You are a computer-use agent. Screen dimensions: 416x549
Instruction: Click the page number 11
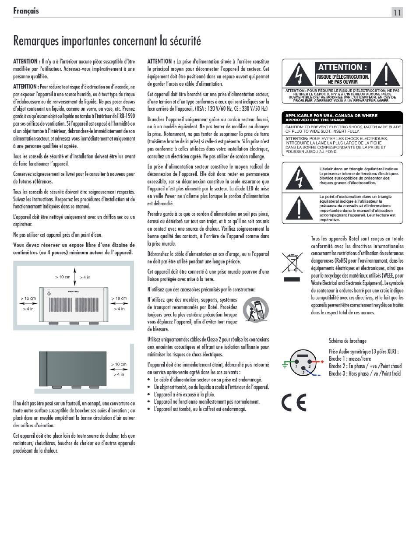click(397, 13)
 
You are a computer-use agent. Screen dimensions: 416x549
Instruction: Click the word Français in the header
click(26, 11)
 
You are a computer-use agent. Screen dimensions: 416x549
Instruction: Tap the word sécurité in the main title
click(185, 41)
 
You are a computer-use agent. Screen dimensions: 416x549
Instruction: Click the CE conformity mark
click(294, 402)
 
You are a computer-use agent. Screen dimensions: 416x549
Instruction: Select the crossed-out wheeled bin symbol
click(292, 263)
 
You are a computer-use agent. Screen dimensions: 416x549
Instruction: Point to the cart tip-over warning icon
click(256, 309)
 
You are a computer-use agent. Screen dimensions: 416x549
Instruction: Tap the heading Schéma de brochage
click(347, 341)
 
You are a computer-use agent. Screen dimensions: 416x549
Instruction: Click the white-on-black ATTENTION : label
click(342, 67)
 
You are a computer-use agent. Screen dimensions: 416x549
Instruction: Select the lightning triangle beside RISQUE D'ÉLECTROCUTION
click(299, 75)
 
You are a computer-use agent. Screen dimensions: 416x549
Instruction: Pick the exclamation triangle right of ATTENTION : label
click(386, 74)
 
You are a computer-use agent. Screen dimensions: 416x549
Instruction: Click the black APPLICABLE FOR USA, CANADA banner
click(342, 118)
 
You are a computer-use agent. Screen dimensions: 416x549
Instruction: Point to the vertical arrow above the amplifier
click(74, 276)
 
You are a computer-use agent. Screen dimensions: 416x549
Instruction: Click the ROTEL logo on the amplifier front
click(74, 291)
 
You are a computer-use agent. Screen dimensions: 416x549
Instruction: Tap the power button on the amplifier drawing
click(49, 294)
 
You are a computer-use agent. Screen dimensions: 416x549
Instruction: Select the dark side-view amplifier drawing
click(73, 370)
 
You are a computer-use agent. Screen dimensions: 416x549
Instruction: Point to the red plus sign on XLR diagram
click(322, 362)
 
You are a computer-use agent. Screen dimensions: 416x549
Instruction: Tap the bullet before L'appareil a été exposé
click(149, 395)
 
